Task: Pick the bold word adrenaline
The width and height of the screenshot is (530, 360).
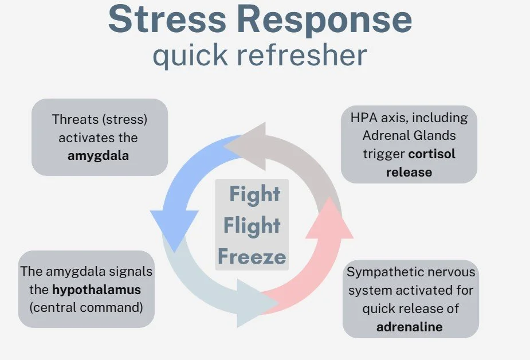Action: pos(410,327)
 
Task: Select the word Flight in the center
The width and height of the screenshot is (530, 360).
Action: pos(252,225)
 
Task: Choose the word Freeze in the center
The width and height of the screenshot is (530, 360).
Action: pos(252,256)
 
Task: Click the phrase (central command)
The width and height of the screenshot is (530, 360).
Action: pos(87,307)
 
